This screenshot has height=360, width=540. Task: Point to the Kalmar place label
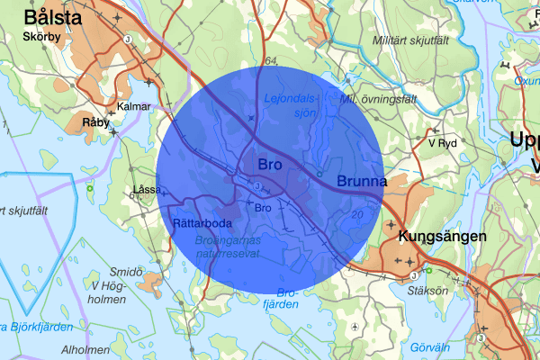[x=134, y=106]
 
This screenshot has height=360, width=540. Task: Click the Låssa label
[x=145, y=189]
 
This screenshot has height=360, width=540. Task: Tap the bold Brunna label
[x=361, y=182]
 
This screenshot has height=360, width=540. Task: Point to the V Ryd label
[x=444, y=143]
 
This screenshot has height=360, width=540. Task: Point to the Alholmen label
[x=85, y=350]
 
